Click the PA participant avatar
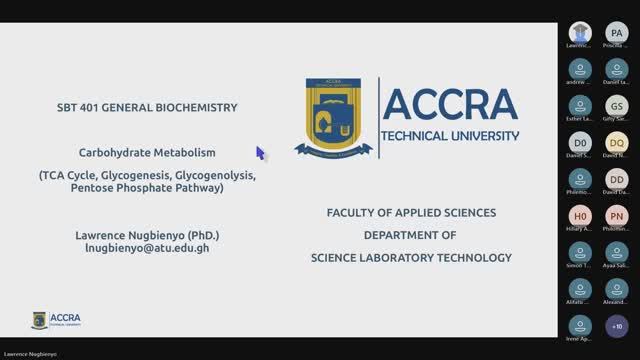(x=616, y=33)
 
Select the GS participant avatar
(x=616, y=106)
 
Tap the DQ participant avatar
(x=616, y=142)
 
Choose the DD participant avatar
(x=616, y=179)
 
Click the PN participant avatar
(x=616, y=215)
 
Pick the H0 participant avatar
(x=580, y=215)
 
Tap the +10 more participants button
(x=616, y=325)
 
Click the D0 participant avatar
(x=580, y=142)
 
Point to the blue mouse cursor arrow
(x=260, y=153)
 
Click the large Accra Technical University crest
(x=334, y=117)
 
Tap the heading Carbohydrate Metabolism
(x=147, y=153)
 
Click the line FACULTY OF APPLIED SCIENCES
(x=411, y=213)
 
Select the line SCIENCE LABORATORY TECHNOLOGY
(x=411, y=257)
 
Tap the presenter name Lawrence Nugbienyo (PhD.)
(x=147, y=234)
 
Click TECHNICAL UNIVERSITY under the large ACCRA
(x=451, y=135)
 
